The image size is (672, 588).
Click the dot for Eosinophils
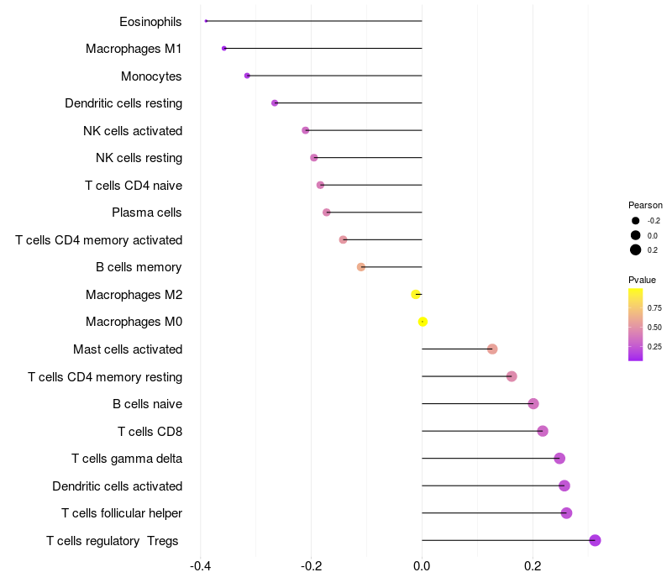click(206, 21)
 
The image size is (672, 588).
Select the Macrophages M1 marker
click(223, 48)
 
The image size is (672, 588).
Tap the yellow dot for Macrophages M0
click(423, 322)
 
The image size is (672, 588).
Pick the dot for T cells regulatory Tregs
click(595, 540)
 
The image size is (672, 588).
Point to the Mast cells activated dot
click(492, 349)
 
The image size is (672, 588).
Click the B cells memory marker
click(361, 267)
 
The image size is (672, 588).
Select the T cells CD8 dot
click(542, 431)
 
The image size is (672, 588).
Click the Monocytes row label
click(151, 76)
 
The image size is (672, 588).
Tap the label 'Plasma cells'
click(147, 213)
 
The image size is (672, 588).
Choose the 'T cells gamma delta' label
click(127, 459)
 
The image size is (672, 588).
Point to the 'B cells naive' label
click(147, 404)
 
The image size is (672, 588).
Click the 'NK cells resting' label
click(139, 158)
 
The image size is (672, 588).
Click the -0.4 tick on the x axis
click(200, 566)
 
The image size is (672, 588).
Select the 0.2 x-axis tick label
click(533, 566)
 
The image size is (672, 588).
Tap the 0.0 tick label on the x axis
click(422, 566)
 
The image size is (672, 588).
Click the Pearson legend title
click(645, 205)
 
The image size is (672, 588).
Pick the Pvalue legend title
click(642, 280)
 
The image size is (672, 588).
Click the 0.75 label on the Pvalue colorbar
click(654, 307)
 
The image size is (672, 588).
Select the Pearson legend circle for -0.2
click(636, 220)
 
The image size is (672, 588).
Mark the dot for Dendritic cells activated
click(564, 486)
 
